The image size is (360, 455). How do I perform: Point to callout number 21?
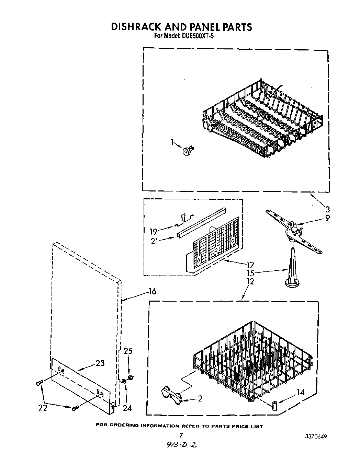pyautogui.click(x=154, y=241)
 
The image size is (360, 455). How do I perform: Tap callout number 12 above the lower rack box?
pyautogui.click(x=250, y=281)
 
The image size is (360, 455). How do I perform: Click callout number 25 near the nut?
pyautogui.click(x=128, y=351)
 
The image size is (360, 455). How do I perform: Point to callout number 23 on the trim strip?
pyautogui.click(x=100, y=363)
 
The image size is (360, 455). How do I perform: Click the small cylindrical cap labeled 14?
pyautogui.click(x=275, y=405)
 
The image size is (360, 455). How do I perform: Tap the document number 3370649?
pyautogui.click(x=315, y=437)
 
